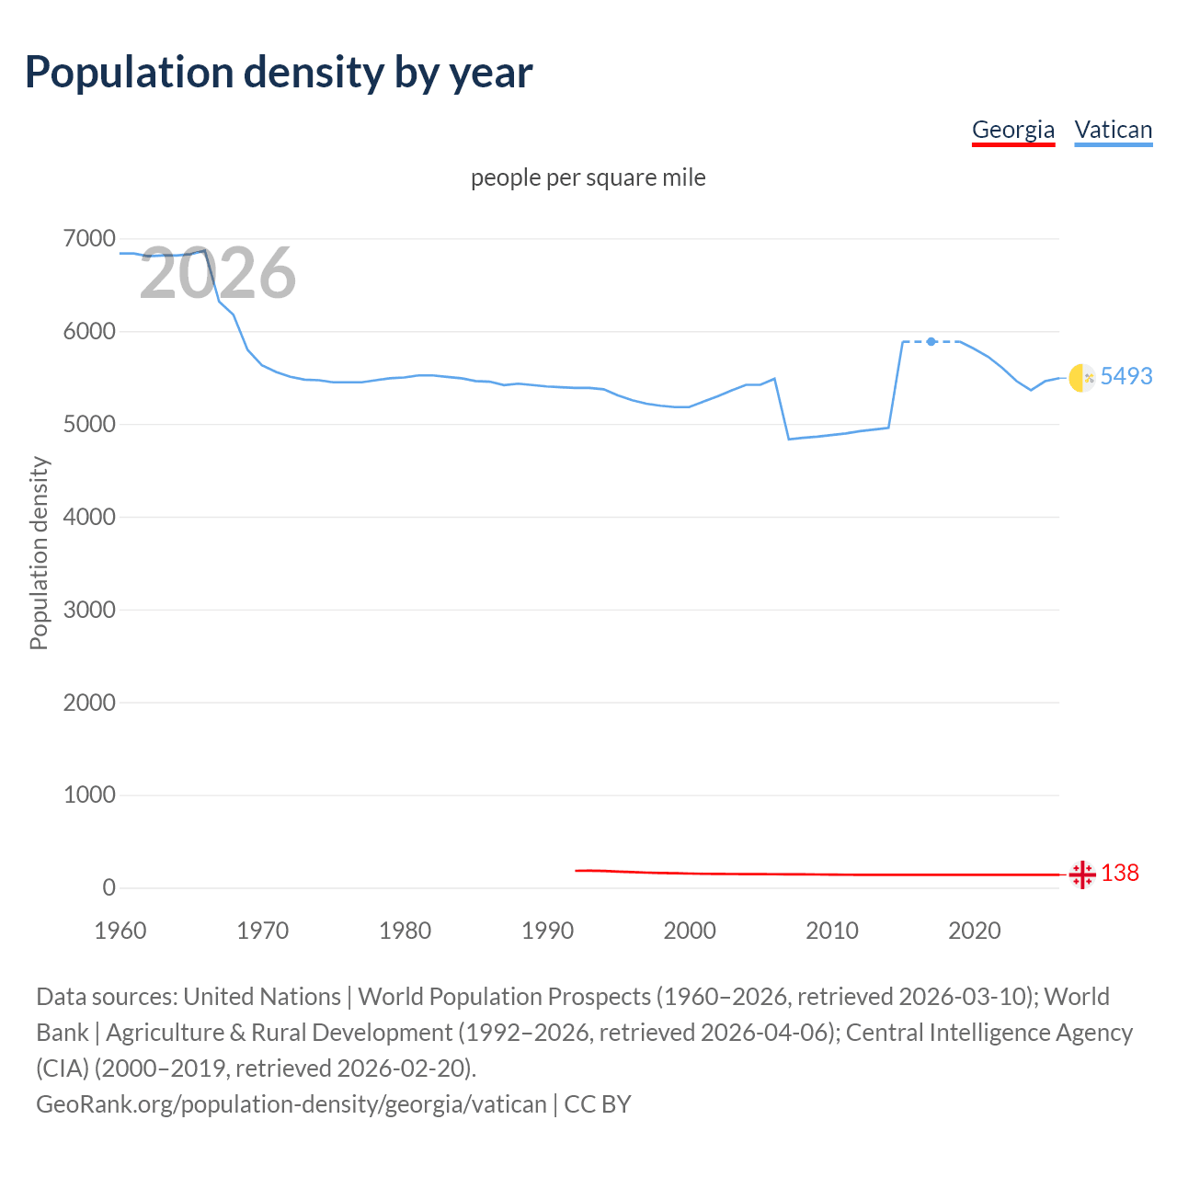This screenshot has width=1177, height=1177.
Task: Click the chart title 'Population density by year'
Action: click(279, 73)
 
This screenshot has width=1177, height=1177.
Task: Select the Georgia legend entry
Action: click(1013, 130)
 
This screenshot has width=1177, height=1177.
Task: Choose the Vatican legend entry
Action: click(1114, 130)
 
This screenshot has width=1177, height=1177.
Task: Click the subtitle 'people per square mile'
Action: click(588, 177)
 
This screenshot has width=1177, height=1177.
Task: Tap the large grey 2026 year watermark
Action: click(218, 273)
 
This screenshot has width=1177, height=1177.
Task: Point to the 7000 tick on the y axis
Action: click(89, 239)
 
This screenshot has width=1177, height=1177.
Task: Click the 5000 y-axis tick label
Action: click(89, 425)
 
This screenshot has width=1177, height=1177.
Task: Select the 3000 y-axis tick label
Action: click(89, 610)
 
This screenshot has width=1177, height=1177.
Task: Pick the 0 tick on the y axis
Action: click(109, 887)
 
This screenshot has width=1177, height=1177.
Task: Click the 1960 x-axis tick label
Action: click(120, 931)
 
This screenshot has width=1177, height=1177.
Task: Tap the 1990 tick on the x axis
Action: click(547, 931)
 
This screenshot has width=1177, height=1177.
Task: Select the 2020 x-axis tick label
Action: click(974, 931)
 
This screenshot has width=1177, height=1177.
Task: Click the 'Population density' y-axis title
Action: click(39, 554)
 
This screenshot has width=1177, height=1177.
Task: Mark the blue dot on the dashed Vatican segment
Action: click(931, 341)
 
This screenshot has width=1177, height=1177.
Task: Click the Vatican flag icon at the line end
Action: click(1082, 377)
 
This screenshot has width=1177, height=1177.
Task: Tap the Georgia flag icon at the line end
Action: click(1082, 874)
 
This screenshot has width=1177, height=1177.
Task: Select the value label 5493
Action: click(1126, 376)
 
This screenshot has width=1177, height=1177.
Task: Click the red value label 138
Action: click(1120, 873)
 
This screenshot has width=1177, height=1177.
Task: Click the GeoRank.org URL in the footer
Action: click(291, 1103)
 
